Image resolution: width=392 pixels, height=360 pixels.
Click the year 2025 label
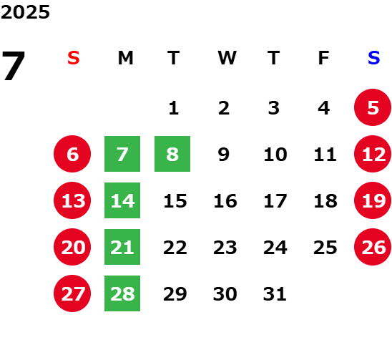[25, 12]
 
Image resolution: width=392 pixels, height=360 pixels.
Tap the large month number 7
[14, 66]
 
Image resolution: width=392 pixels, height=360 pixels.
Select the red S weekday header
[74, 58]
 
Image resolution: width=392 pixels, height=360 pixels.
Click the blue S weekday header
[374, 58]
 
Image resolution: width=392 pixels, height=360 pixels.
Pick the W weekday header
[227, 58]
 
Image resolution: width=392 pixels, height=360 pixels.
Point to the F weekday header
[323, 58]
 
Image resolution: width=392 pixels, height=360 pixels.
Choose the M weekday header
[125, 58]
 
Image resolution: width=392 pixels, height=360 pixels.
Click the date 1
[174, 108]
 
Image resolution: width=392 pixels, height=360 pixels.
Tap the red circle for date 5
[373, 107]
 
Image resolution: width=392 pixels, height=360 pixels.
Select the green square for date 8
[172, 154]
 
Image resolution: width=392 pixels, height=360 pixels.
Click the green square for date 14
[122, 200]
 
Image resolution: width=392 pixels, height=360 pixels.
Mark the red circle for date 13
[72, 200]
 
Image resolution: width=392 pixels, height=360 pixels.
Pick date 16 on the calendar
[225, 201]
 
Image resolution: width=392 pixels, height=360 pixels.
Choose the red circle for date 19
[373, 200]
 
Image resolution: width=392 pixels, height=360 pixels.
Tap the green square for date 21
[122, 247]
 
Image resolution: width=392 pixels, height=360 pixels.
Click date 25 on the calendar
[325, 248]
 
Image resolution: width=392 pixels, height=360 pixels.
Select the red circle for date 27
[72, 293]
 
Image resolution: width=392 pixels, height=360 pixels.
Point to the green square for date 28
[122, 293]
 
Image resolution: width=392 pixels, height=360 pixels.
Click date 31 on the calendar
[275, 294]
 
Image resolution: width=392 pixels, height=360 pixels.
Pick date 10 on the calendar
[275, 155]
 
